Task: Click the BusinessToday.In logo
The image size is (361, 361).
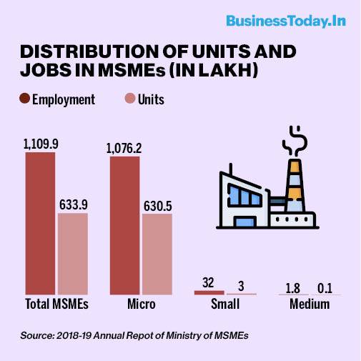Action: pos(286,21)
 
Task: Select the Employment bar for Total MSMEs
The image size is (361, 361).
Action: pos(40,224)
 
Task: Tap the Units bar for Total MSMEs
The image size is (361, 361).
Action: pos(73,254)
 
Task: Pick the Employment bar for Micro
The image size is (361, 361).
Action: pos(125,226)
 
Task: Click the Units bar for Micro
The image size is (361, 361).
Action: pos(157,254)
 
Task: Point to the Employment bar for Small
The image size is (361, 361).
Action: pos(209,292)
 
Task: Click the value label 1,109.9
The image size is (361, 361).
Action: pos(41,144)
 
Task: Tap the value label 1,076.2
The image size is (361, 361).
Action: pos(124,148)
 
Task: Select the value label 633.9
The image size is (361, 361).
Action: pos(74,204)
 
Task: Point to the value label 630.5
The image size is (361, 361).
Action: pos(158,206)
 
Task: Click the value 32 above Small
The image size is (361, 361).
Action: pos(208,282)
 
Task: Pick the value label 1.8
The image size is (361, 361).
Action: pos(292,288)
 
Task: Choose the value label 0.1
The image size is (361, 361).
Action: pos(325,288)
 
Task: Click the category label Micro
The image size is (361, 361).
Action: pos(142,304)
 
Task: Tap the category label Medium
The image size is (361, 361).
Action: pos(310,304)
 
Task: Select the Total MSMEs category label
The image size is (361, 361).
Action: pos(56,304)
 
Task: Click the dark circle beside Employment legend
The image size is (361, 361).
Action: pos(24,99)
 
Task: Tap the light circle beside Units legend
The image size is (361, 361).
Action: pos(130,99)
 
